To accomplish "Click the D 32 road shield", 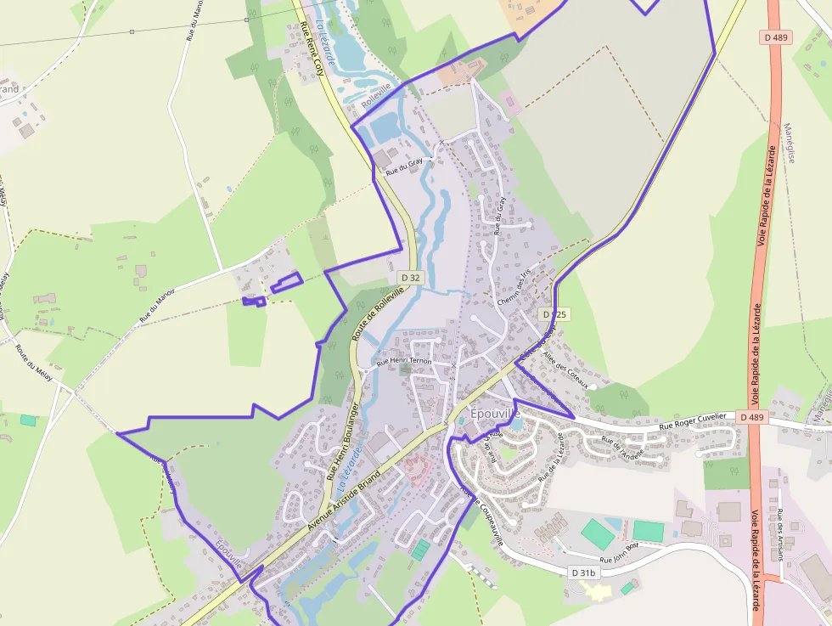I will (410, 278).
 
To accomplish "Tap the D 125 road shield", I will (553, 314).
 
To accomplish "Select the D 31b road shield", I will (584, 573).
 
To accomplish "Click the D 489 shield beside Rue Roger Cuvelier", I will (751, 417).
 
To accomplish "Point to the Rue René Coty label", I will (314, 50).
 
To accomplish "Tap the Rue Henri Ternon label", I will (404, 362).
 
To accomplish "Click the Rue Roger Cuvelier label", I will (693, 420).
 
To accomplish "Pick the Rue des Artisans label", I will (779, 535).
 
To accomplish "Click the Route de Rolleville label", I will (379, 313).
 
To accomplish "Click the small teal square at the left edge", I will (29, 420).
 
